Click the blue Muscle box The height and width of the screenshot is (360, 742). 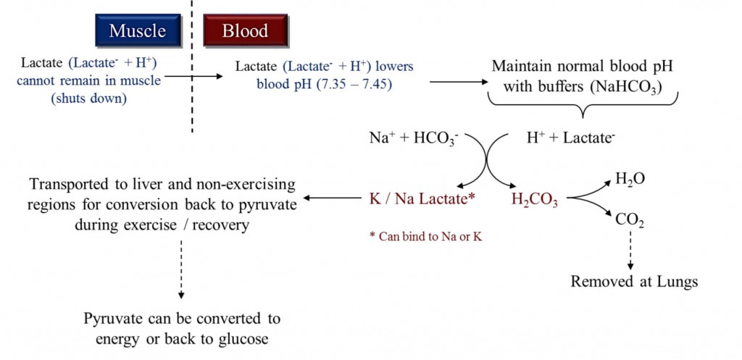click(x=137, y=31)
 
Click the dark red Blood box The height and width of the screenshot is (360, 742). click(x=245, y=31)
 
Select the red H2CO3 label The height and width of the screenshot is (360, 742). click(x=534, y=199)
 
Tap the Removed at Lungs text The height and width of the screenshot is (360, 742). click(x=634, y=282)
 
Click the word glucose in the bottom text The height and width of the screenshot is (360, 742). click(x=246, y=338)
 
